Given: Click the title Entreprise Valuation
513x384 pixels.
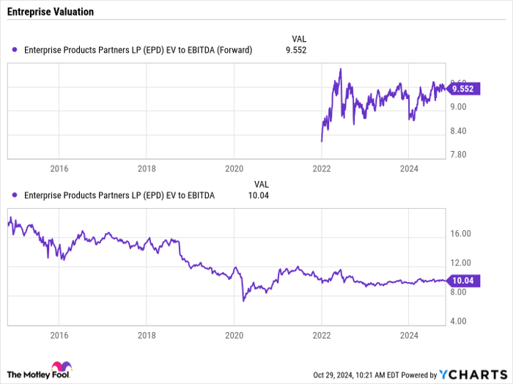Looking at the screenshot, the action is [x=51, y=12].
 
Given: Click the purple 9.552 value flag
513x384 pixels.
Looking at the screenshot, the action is [x=462, y=89].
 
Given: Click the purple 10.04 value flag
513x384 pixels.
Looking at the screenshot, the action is [x=462, y=281].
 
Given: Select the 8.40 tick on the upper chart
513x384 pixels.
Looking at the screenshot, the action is [x=458, y=131].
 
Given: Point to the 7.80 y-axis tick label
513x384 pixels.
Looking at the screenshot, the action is [x=458, y=155].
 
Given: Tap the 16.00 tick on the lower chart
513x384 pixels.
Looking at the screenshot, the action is [x=460, y=234].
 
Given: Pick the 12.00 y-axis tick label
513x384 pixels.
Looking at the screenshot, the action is [x=460, y=262].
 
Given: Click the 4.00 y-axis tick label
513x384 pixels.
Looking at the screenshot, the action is [x=458, y=321].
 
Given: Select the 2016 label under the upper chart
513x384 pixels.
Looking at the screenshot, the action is [x=59, y=169].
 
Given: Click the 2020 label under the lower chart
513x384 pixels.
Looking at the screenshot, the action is [x=235, y=336].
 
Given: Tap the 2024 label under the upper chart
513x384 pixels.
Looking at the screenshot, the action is [x=409, y=169].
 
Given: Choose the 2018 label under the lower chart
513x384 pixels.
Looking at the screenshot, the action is [x=147, y=336].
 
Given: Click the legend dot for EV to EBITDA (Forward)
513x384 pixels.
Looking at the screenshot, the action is [x=15, y=50].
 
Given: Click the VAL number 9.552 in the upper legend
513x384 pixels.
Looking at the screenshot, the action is [x=296, y=50].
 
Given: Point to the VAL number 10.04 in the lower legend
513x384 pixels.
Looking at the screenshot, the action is [x=259, y=196].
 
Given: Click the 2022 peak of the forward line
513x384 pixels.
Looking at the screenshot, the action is [x=341, y=69].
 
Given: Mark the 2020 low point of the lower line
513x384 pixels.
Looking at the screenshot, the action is [x=243, y=300].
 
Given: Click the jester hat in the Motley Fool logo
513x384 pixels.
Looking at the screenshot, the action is [x=62, y=366].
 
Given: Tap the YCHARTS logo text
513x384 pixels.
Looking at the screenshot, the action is [x=473, y=374].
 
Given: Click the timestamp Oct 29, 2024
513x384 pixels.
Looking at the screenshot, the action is [x=332, y=375].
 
